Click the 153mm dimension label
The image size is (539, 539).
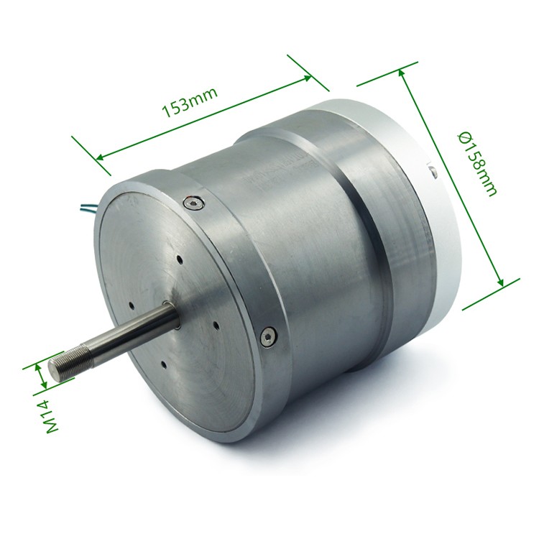tap(190, 102)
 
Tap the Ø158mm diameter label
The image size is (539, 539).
tap(477, 164)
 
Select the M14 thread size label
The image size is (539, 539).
tap(52, 416)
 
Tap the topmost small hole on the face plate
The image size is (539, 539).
tap(179, 259)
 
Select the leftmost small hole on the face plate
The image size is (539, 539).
tap(132, 305)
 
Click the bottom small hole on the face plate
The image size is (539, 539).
tap(164, 364)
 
